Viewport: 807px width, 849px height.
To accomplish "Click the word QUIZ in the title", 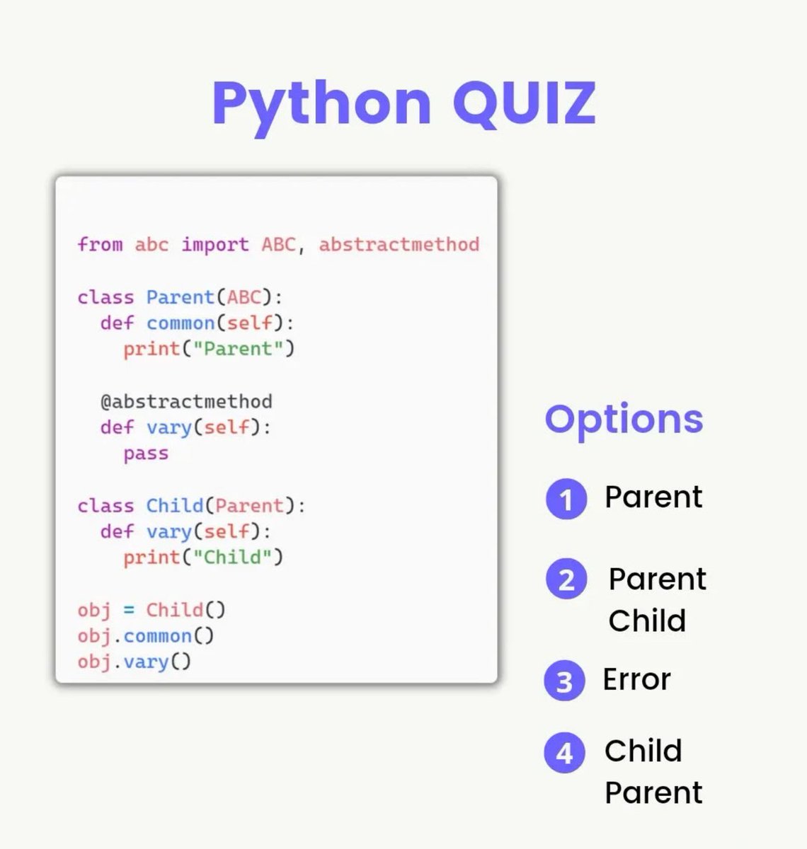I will pos(524,103).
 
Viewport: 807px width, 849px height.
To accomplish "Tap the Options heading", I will pos(624,420).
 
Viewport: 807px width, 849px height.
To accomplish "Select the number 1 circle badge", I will pos(566,499).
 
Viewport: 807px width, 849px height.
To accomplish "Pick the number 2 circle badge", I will pos(566,579).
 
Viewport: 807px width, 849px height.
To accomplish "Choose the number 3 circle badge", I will pos(564,681).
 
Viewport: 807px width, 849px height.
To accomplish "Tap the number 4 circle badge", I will pos(564,752).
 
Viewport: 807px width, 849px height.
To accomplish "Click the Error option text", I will pos(636,679).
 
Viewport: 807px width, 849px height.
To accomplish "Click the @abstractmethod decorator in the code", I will pos(186,402).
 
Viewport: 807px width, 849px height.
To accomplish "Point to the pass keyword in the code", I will pos(146,454).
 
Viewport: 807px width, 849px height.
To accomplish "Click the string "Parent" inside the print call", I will pos(238,349).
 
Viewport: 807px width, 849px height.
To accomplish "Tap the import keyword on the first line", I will pos(215,245).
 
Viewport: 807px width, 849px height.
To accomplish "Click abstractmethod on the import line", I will pos(399,245).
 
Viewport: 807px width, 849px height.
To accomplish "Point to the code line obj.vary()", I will pos(134,662).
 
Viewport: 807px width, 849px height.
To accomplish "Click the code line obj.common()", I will pos(146,636).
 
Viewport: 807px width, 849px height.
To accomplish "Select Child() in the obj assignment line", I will pos(185,610).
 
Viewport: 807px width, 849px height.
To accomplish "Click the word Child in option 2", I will pos(647,620).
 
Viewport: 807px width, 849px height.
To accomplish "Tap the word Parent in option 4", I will pos(653,792).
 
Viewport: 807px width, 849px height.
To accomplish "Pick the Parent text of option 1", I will pos(653,497).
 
